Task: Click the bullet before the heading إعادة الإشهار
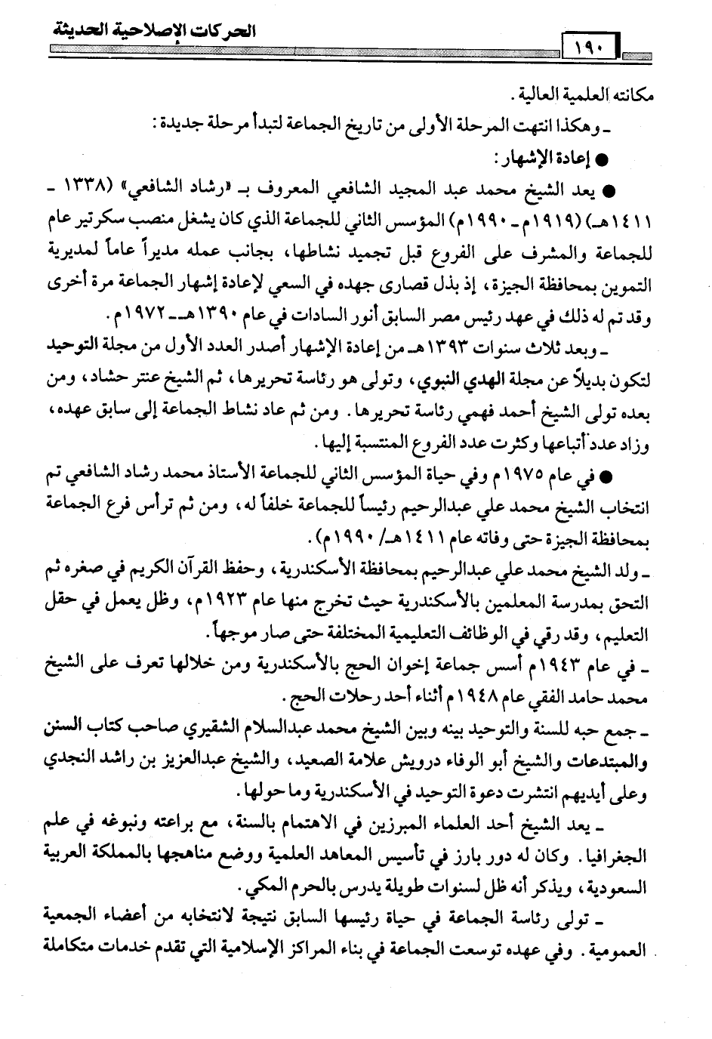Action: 602,162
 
